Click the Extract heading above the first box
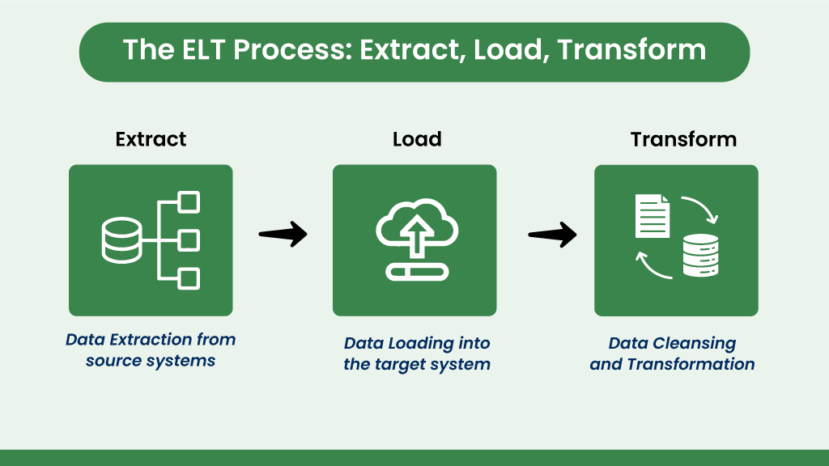click(x=151, y=139)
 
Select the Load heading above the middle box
click(x=417, y=139)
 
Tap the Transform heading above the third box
click(x=683, y=139)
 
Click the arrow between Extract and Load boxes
click(x=283, y=235)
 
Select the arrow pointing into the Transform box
click(x=552, y=235)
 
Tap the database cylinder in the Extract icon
click(x=121, y=240)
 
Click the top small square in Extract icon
click(x=189, y=202)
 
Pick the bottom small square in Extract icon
click(x=189, y=278)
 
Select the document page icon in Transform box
click(x=653, y=215)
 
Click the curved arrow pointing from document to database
click(x=699, y=209)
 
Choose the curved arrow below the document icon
click(x=653, y=265)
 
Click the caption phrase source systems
click(x=151, y=361)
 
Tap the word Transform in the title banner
click(x=631, y=50)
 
